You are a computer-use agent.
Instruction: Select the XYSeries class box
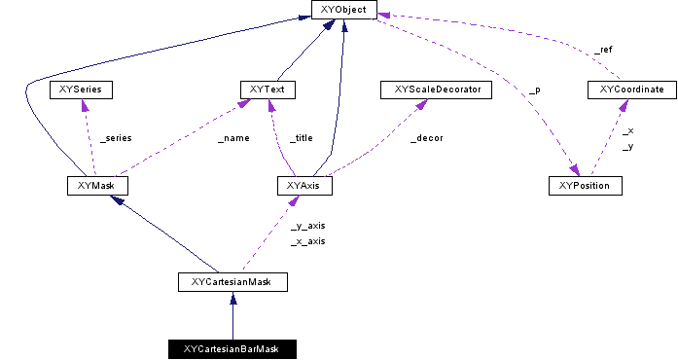pos(81,90)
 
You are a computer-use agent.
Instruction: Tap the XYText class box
pos(267,90)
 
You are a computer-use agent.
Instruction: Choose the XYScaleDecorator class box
pos(429,90)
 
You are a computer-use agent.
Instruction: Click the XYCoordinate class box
pos(632,90)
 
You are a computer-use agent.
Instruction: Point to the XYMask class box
pos(97,185)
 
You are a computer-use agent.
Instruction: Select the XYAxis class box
pos(304,185)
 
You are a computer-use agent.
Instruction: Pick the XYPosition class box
pos(584,185)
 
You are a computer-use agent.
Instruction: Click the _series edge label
pos(115,138)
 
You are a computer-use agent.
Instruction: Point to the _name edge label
pos(233,138)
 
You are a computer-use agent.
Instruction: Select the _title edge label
pos(302,138)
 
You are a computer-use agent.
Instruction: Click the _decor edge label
pos(426,138)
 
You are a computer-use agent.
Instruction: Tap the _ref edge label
pos(603,49)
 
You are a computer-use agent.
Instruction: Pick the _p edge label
pos(534,90)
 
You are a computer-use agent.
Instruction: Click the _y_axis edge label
pos(307,225)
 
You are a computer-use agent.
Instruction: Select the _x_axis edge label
pos(307,240)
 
